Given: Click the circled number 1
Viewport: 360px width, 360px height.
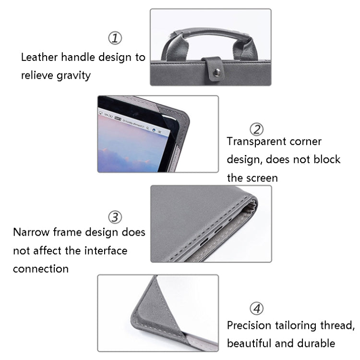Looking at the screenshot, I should coord(114,38).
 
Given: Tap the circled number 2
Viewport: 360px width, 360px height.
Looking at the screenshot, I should coord(257,129).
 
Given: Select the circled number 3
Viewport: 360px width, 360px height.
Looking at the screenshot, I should coord(114,217).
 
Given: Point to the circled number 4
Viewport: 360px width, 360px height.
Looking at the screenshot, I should coord(257,308).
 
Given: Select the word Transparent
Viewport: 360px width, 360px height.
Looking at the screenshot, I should coord(257,142).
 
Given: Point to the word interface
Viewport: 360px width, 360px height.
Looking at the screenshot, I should coord(103,251).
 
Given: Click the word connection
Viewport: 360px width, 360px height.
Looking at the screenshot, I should coord(41,269).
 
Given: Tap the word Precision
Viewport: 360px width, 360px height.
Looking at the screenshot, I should coord(250,325).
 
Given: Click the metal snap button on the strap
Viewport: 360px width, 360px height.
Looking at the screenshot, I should coord(216,72).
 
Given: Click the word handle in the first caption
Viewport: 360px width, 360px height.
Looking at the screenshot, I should coord(79,58).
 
